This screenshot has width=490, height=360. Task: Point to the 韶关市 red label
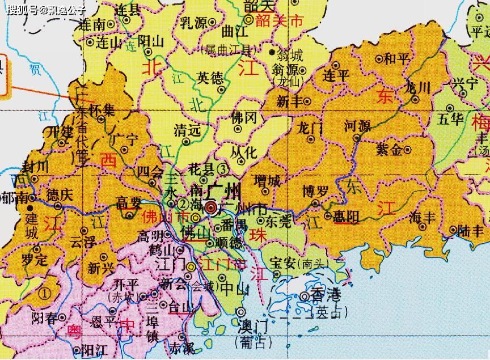tap(280, 22)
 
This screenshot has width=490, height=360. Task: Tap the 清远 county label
tap(188, 130)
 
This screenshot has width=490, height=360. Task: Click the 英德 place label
tap(210, 78)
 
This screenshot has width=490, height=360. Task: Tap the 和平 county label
tap(396, 58)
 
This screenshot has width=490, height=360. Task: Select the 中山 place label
tap(234, 289)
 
